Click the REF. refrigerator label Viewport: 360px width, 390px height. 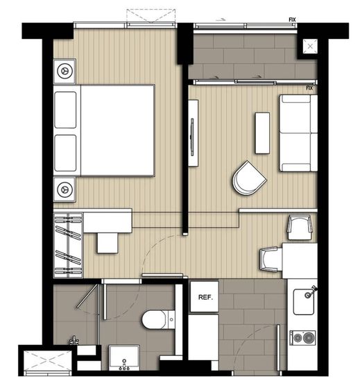tap(205, 297)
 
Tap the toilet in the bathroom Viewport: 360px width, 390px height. tap(159, 319)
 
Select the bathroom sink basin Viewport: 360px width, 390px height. tap(123, 357)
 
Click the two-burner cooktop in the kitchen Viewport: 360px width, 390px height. tap(302, 338)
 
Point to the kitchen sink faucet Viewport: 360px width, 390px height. tap(311, 292)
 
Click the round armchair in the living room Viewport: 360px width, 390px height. tap(249, 178)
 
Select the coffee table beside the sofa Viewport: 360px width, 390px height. tap(262, 133)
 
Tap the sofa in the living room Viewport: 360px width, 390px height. tap(298, 133)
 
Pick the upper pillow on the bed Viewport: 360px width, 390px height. tap(65, 110)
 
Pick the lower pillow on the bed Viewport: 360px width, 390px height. tap(65, 153)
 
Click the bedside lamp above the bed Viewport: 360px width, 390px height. tap(65, 71)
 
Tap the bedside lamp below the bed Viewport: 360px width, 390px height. tap(65, 189)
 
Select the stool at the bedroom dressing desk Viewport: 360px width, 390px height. tap(108, 243)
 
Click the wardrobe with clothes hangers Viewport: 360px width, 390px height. tap(68, 245)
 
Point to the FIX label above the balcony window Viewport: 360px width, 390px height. tap(293, 19)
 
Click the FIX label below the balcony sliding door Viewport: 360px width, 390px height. tap(309, 88)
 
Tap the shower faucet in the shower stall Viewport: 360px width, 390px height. tap(74, 341)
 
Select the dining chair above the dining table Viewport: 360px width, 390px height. tap(300, 228)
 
